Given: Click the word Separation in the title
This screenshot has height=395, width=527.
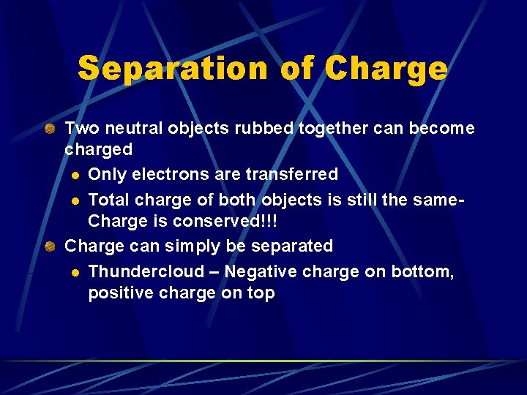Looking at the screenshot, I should pos(173,69).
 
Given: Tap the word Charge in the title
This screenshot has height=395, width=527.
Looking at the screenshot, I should pos(385,69).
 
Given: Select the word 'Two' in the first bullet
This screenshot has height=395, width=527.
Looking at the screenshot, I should pos(82,129).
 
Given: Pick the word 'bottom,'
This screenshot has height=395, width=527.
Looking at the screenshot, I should pos(422,272).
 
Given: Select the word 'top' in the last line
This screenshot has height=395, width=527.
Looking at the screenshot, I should pos(261,294).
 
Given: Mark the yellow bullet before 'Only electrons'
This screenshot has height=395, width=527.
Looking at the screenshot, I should pos(75,175).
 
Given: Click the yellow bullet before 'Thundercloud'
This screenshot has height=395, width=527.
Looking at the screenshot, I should pos(75,273).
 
